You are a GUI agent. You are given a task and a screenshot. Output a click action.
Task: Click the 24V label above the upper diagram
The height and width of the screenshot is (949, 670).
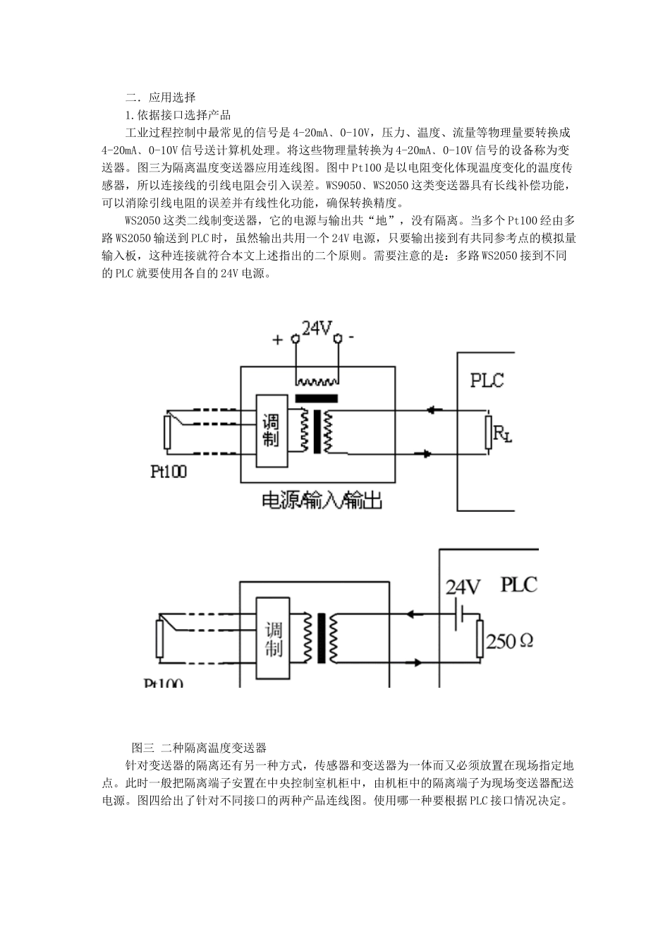tap(317, 328)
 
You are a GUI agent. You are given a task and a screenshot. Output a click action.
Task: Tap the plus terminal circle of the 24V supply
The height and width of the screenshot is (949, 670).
tap(296, 338)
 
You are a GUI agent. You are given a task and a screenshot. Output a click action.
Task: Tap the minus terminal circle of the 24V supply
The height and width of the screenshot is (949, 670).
tap(338, 338)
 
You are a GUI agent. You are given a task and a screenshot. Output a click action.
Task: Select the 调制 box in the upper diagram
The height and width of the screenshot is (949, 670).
tap(272, 431)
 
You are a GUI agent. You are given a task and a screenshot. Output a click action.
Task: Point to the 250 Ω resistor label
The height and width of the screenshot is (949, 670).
tap(510, 641)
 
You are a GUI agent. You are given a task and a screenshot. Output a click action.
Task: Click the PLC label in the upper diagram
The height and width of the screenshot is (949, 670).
tap(487, 380)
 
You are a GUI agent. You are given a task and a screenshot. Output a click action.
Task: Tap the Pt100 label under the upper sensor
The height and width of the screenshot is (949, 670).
tap(169, 472)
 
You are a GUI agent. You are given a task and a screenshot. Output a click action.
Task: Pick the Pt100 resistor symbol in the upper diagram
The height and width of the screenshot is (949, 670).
tap(167, 432)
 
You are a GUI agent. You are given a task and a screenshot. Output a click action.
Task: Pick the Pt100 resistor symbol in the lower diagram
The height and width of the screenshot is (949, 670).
tap(159, 638)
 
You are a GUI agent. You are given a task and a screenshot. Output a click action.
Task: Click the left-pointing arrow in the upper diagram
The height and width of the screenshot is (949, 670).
tap(434, 410)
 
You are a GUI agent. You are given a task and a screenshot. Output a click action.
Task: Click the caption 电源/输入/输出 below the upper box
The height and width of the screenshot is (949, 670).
tap(322, 501)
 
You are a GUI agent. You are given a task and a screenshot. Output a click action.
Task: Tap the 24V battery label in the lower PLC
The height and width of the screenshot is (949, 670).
tap(463, 587)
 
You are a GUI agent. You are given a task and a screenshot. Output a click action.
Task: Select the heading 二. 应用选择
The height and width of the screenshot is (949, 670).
tap(160, 97)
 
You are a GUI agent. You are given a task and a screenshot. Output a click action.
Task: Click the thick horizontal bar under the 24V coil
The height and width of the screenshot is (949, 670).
tap(317, 398)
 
